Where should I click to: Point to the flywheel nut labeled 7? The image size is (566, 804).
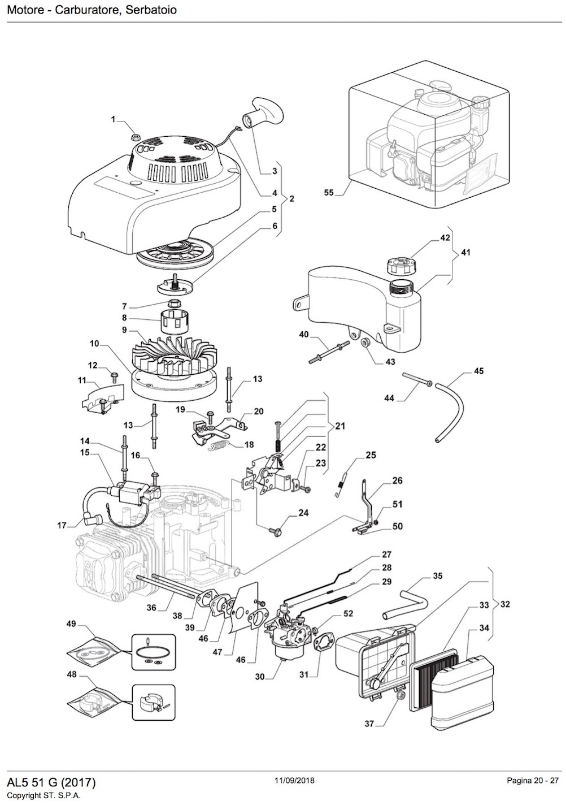174,303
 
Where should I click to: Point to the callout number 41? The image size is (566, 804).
466,252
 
